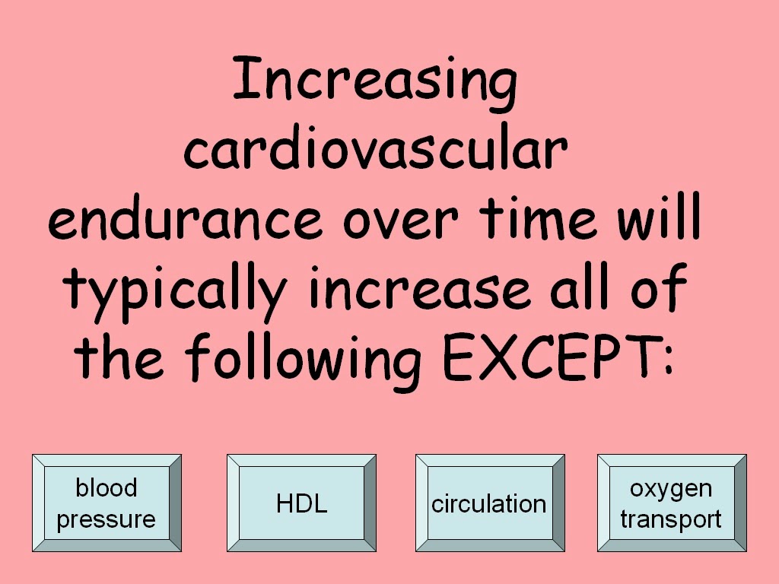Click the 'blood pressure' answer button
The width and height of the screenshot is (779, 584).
tap(107, 503)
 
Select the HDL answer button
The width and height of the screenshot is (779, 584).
tap(301, 503)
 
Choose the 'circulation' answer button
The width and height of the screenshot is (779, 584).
tap(489, 503)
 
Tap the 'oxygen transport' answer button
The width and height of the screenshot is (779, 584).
tap(671, 503)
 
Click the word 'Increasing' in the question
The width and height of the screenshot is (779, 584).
tap(374, 82)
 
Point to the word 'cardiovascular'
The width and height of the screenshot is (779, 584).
tap(375, 151)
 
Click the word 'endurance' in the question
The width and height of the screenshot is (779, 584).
tap(185, 220)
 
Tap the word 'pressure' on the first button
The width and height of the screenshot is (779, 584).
tap(107, 520)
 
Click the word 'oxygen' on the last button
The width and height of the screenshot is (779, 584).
tap(671, 488)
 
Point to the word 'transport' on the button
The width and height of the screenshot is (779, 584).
tap(671, 519)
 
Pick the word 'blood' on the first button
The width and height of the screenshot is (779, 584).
tap(107, 487)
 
